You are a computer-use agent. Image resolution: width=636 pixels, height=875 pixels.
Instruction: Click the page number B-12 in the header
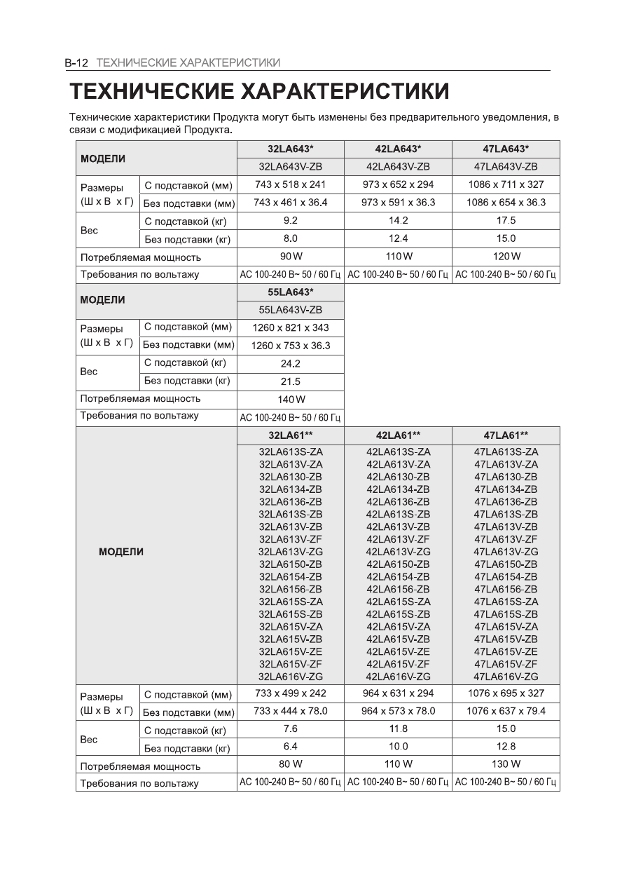coord(76,63)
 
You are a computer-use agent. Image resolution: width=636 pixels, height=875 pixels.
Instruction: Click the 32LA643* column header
coord(291,149)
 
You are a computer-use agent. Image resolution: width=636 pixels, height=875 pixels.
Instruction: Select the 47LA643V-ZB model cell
coord(506,167)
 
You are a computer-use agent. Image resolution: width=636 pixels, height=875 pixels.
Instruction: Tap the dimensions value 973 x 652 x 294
coord(398,184)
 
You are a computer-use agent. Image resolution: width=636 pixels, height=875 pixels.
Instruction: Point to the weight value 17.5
coord(506,221)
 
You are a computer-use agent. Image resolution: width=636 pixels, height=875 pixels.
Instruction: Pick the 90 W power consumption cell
coord(291,257)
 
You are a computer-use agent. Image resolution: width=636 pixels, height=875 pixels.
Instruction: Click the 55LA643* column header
coord(291,292)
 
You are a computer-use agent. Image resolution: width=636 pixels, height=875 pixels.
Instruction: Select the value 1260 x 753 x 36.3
coord(291,346)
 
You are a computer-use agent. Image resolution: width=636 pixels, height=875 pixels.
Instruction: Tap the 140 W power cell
coord(291,400)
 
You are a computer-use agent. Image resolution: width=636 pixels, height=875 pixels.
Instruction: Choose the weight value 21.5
coord(291,381)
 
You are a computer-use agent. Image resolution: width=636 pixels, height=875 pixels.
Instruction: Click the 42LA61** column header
coord(398,435)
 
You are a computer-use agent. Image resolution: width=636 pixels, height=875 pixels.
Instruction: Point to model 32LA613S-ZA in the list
coord(291,452)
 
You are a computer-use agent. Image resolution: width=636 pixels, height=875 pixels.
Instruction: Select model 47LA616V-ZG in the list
coord(506,677)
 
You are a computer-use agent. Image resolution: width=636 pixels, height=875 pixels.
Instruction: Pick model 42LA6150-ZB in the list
coord(398,564)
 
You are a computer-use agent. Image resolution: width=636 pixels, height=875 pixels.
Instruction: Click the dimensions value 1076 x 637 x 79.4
coord(506,711)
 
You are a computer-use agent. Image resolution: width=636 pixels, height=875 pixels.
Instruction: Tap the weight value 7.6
coord(291,729)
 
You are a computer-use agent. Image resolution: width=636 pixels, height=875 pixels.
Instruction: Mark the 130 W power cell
coord(506,764)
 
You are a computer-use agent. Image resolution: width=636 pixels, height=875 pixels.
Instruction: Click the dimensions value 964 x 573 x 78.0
coord(398,711)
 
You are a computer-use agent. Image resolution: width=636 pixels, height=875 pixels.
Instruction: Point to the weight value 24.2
coord(291,364)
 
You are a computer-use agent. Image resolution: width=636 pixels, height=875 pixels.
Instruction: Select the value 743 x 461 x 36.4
coord(291,203)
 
